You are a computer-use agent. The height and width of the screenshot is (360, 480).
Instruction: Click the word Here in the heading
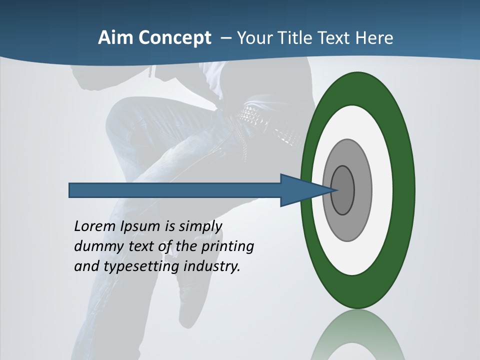point(375,37)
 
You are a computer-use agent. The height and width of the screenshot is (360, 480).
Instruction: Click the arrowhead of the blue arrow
point(305,190)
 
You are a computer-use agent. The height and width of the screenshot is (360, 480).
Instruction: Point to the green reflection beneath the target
point(358,335)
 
